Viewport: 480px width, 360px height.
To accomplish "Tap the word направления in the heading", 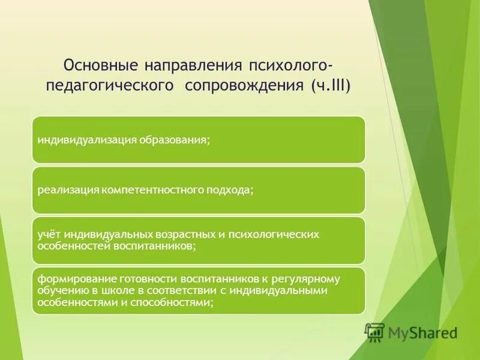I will (x=190, y=64).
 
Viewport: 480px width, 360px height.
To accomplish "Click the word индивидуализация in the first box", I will (x=87, y=140).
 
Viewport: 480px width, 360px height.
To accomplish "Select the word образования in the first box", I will (x=175, y=140).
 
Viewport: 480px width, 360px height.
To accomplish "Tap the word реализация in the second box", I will (x=68, y=190).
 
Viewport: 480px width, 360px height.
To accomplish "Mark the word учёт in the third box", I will (x=48, y=235).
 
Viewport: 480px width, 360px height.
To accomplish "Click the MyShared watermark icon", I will (x=375, y=331).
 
